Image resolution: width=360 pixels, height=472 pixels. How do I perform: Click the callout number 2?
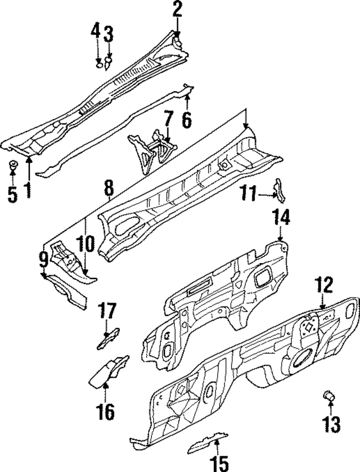pos(177,9)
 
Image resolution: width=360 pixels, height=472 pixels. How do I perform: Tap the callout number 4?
pos(96,32)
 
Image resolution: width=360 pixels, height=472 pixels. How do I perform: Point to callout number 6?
pos(187,119)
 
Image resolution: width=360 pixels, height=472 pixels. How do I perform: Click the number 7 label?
pos(168,119)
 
